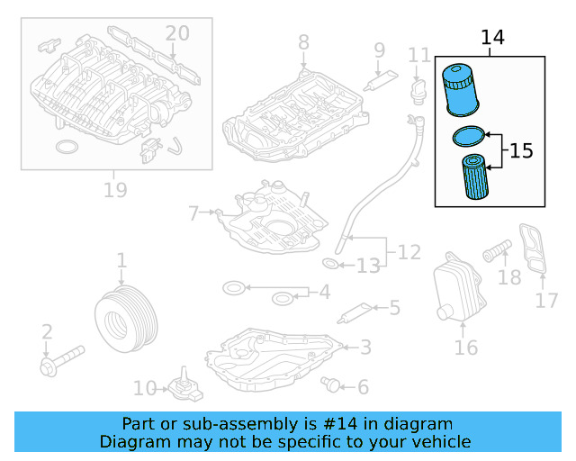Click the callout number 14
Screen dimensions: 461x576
click(492, 38)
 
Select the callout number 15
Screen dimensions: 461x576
click(521, 149)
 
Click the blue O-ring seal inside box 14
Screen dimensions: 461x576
click(467, 137)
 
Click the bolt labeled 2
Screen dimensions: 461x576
click(60, 359)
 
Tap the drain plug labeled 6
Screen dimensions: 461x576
click(334, 385)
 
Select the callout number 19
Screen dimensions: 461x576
click(114, 190)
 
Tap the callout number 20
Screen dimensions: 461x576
click(177, 33)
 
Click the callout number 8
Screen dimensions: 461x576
click(303, 41)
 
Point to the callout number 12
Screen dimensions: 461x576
click(409, 252)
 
